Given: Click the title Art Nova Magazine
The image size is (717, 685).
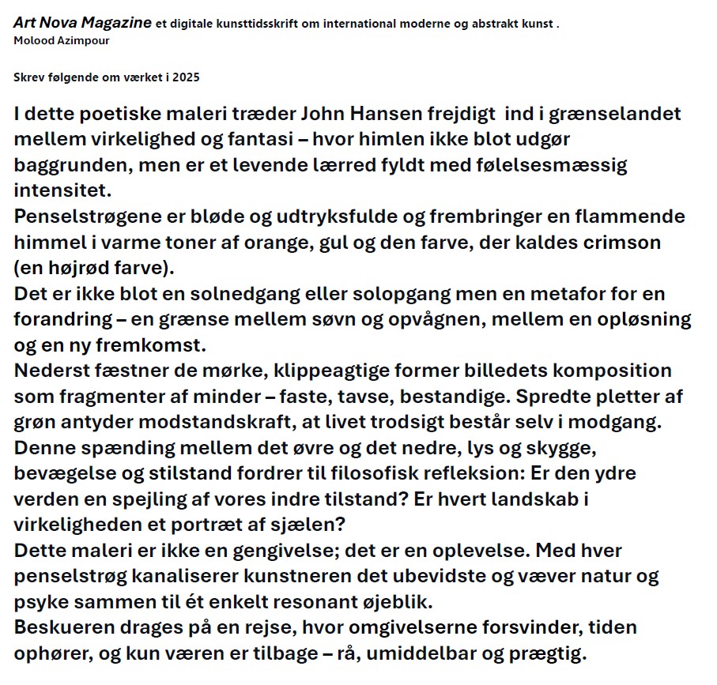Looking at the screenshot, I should [82, 23].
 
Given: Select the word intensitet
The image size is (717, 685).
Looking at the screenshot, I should [62, 190].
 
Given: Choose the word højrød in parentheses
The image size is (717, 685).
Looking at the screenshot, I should [78, 268].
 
